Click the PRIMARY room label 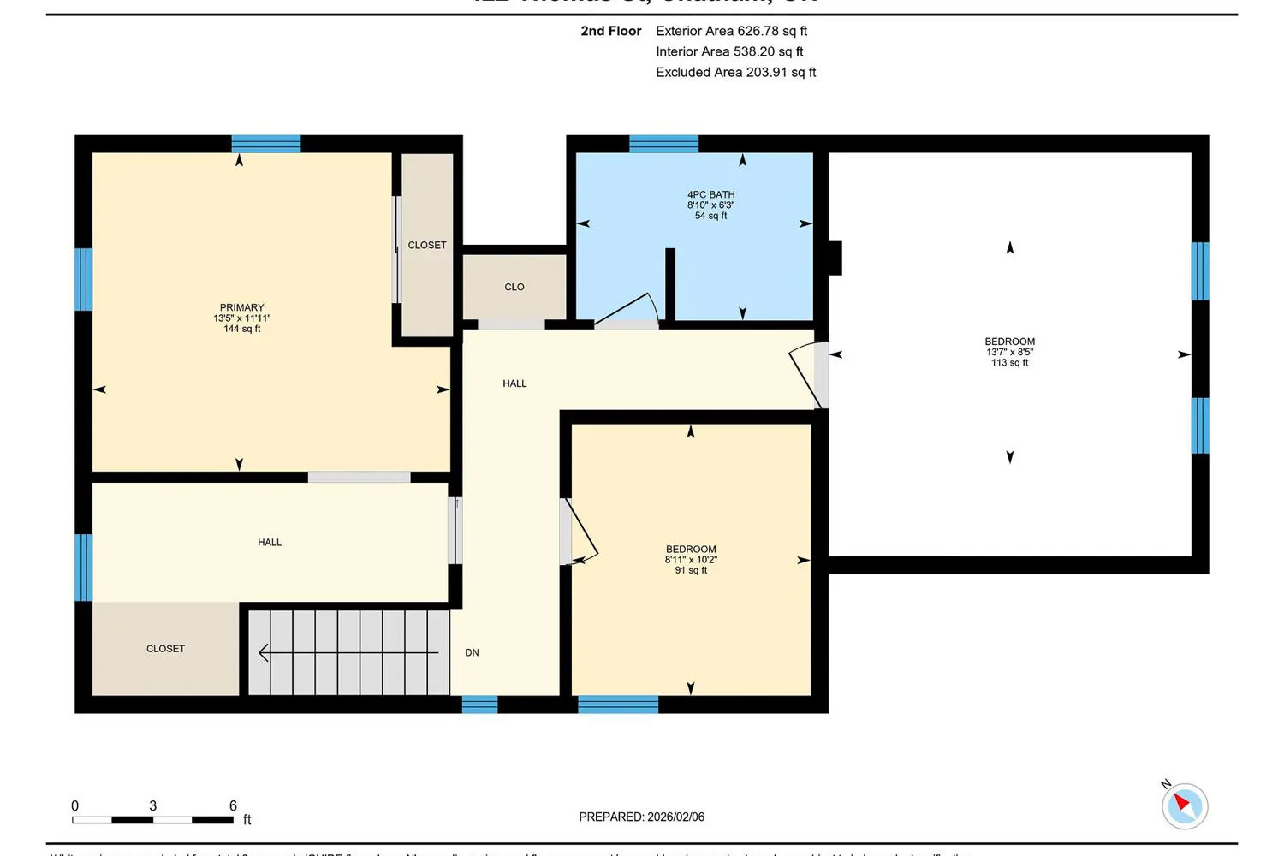pos(241,307)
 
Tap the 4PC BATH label pos(710,195)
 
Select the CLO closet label pos(514,288)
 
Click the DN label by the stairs pos(472,653)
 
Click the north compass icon pos(1184,805)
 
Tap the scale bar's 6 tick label pos(233,805)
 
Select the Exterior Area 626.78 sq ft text pos(731,31)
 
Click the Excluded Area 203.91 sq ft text pos(735,73)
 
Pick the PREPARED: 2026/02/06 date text pos(641,817)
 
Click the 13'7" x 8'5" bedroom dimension pos(1009,352)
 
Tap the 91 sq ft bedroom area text pos(691,570)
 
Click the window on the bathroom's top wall pos(663,144)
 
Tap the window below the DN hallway pos(479,704)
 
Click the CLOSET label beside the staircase pos(165,649)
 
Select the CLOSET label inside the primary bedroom pos(426,246)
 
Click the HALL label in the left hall pos(270,543)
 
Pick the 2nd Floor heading pos(610,31)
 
